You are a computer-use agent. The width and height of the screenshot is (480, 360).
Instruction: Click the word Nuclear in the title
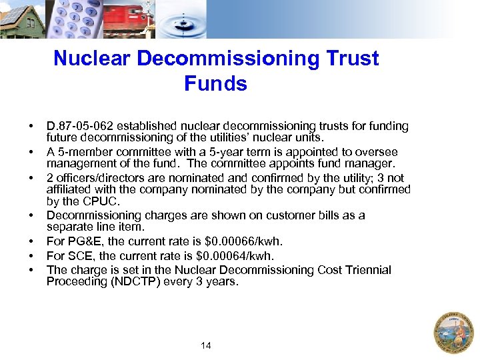[x=93, y=59]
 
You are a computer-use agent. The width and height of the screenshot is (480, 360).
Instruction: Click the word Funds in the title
[x=215, y=84]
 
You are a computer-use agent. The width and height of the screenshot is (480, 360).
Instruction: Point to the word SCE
[x=79, y=256]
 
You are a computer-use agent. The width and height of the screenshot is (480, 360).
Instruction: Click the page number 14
[x=206, y=345]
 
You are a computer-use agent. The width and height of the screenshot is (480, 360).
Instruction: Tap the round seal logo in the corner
[x=453, y=332]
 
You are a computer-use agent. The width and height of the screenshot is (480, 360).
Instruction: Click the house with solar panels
[x=22, y=19]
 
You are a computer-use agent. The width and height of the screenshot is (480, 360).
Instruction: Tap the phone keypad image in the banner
[x=73, y=19]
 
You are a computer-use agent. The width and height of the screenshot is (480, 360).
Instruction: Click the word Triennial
[x=367, y=270]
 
